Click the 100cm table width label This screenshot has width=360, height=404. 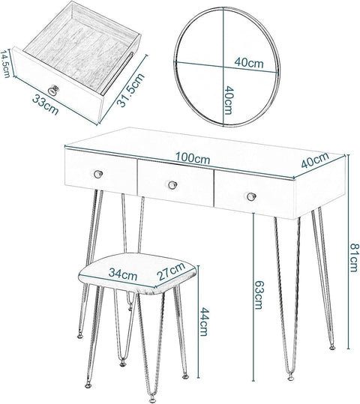[193, 158]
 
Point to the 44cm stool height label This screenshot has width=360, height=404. [203, 322]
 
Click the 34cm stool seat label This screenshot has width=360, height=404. [123, 274]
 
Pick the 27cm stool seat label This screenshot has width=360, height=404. [172, 271]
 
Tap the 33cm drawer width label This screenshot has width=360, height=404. [46, 105]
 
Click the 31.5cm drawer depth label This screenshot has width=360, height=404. [130, 90]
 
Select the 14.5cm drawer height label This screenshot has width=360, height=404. [5, 64]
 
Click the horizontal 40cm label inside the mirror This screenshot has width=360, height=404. [249, 62]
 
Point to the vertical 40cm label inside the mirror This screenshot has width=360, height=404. [229, 100]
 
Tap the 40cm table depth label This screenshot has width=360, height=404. [315, 160]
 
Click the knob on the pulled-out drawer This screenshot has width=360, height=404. [53, 90]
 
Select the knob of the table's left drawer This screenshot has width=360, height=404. [98, 174]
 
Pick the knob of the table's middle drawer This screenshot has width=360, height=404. [172, 184]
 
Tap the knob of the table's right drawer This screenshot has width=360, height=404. [251, 196]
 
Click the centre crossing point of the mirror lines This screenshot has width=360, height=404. [223, 67]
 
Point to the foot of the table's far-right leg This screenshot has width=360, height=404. [332, 347]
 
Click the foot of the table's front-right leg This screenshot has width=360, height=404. [291, 378]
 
